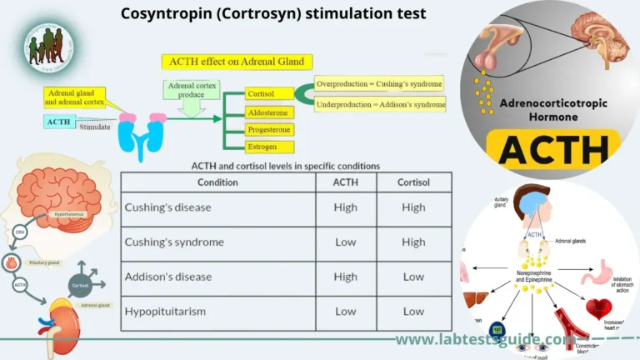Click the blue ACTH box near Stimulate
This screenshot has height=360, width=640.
tap(60, 122)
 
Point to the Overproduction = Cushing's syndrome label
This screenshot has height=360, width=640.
tap(379, 84)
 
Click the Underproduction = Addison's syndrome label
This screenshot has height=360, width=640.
tap(380, 104)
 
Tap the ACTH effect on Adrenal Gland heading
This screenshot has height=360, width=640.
tap(237, 62)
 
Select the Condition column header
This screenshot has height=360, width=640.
tap(217, 182)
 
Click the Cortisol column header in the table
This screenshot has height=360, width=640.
tap(413, 182)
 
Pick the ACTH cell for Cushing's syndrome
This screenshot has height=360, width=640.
tap(345, 242)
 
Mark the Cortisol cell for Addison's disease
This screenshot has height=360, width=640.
tap(413, 277)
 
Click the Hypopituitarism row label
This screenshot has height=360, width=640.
tap(164, 312)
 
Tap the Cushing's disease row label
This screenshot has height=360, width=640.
tap(167, 207)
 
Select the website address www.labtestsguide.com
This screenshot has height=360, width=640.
tap(484, 340)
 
